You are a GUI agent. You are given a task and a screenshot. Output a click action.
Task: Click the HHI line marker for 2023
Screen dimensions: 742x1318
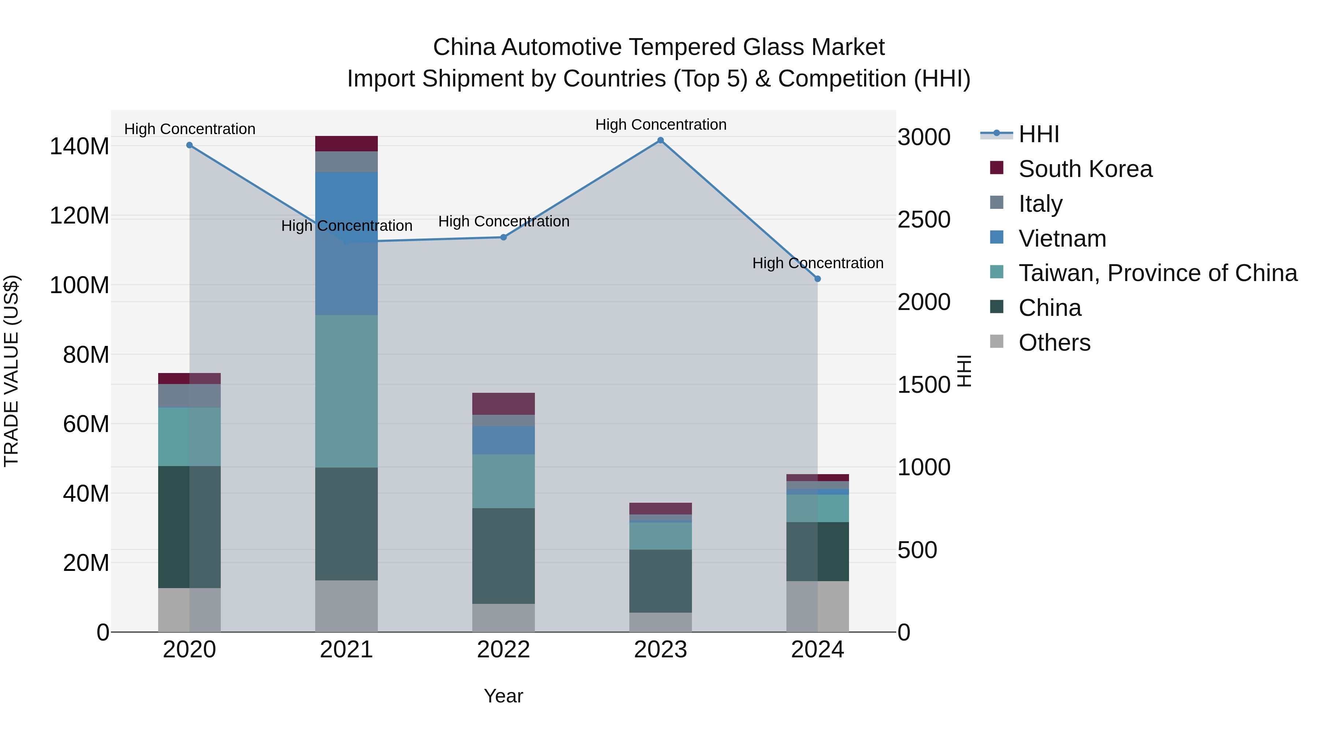click(x=660, y=140)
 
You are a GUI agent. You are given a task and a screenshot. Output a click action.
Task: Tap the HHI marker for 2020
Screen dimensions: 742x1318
click(x=189, y=145)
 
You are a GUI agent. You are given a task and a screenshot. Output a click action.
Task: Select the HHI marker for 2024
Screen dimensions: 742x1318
click(x=817, y=279)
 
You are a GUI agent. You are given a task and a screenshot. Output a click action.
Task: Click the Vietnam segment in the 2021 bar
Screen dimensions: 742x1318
click(x=346, y=243)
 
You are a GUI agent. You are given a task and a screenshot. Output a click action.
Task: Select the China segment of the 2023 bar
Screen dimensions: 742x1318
click(x=660, y=581)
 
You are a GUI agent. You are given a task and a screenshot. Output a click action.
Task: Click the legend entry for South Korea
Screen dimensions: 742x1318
click(x=1085, y=169)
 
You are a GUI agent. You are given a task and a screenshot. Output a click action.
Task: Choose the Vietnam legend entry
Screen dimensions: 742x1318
click(x=1062, y=239)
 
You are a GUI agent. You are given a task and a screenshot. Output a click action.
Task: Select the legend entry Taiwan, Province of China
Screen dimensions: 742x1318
click(x=1157, y=273)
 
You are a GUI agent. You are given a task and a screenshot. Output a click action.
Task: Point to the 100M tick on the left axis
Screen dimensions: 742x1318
click(x=79, y=285)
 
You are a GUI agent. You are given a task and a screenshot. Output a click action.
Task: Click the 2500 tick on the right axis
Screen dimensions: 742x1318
click(x=924, y=220)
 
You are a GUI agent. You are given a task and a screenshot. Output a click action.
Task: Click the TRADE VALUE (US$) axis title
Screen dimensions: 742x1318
click(x=11, y=371)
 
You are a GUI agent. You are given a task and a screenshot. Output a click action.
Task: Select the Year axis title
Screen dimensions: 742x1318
click(x=503, y=696)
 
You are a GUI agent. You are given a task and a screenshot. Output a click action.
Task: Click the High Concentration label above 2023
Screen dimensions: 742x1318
click(x=660, y=125)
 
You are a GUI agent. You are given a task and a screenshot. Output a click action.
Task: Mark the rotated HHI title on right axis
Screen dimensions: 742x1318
click(x=964, y=371)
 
